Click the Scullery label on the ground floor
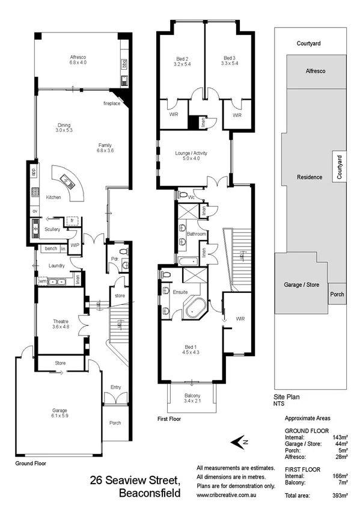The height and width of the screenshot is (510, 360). [52, 230]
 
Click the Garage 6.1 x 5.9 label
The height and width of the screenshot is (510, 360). [60, 413]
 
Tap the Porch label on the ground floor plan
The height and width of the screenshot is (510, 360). [115, 423]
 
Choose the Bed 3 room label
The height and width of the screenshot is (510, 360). [230, 60]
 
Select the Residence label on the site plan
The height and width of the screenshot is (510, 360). [310, 177]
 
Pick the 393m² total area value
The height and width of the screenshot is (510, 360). [341, 496]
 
